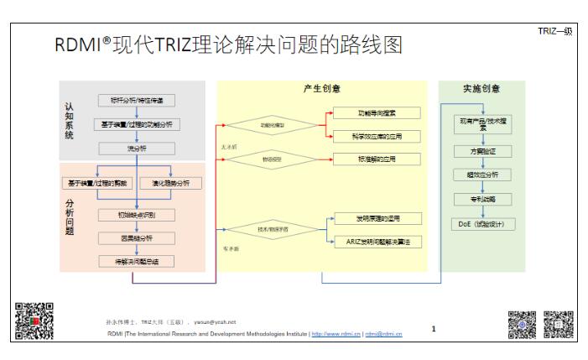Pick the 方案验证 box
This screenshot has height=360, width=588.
coord(481,151)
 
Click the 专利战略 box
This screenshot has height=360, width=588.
coord(481,200)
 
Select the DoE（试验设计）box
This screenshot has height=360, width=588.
coord(481,224)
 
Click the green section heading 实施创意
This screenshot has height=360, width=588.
coord(481,89)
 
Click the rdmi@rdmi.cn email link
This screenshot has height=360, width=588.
coord(384,334)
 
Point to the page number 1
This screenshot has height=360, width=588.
coord(434,328)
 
